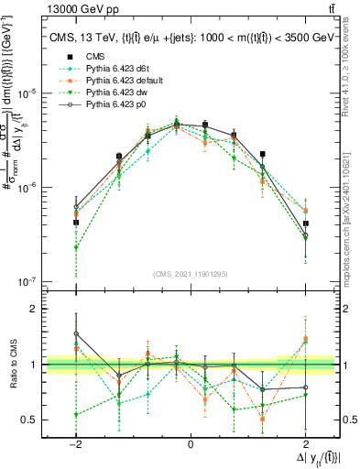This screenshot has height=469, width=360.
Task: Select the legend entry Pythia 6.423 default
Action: click(x=118, y=81)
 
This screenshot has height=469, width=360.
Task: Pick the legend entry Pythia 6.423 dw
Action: click(x=111, y=93)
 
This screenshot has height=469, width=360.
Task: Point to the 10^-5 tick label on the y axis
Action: click(x=28, y=93)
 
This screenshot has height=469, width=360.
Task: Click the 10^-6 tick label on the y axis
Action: click(x=28, y=187)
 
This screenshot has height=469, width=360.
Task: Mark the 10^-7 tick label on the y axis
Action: click(x=28, y=280)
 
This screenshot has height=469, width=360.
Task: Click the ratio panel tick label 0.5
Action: click(x=29, y=420)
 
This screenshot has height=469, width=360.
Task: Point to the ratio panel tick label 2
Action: click(x=33, y=310)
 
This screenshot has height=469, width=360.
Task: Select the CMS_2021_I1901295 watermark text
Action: click(x=191, y=273)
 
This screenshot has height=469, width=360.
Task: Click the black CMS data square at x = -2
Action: click(x=76, y=223)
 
